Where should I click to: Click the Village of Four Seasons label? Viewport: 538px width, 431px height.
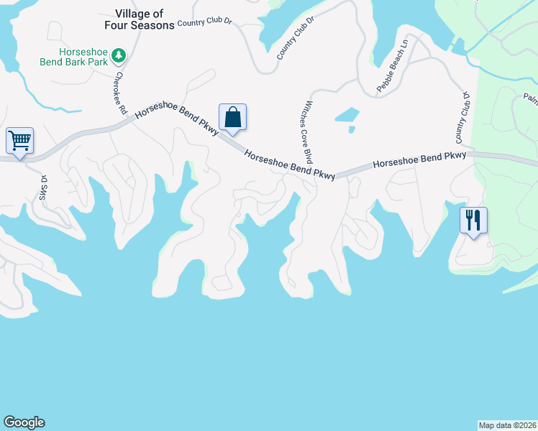point(144,19)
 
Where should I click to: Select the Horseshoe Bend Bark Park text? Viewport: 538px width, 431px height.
point(75,56)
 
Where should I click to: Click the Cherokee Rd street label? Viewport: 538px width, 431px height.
point(119,93)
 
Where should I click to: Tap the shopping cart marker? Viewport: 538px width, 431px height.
point(19,141)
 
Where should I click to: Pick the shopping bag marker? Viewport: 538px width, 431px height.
point(232,117)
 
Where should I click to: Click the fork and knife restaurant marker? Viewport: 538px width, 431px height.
point(473,220)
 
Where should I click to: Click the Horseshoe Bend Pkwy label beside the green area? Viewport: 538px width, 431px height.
point(419,159)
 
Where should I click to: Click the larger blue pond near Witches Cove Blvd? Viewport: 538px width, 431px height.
point(346,114)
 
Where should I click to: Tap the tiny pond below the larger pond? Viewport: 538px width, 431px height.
point(351,130)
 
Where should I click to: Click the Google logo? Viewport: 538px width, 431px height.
point(24,422)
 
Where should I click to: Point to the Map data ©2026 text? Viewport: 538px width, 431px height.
point(507,425)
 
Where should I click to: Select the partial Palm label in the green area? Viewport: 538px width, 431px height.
point(530,98)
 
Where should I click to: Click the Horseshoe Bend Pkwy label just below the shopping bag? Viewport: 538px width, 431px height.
point(290,164)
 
